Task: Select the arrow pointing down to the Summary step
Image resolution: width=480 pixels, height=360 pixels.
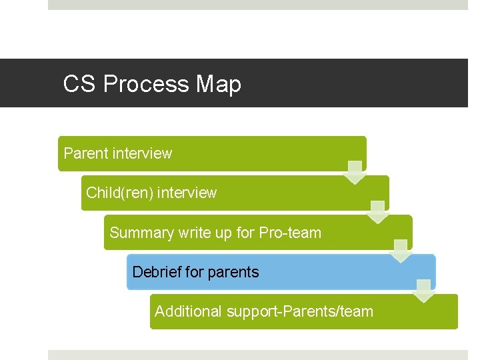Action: click(378, 211)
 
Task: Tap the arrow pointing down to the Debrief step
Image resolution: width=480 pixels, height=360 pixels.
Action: click(401, 251)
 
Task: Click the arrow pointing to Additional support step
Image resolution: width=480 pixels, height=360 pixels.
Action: click(424, 291)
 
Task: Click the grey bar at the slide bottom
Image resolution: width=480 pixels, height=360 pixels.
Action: click(258, 355)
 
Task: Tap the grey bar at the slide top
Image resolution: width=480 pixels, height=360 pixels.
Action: click(258, 5)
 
